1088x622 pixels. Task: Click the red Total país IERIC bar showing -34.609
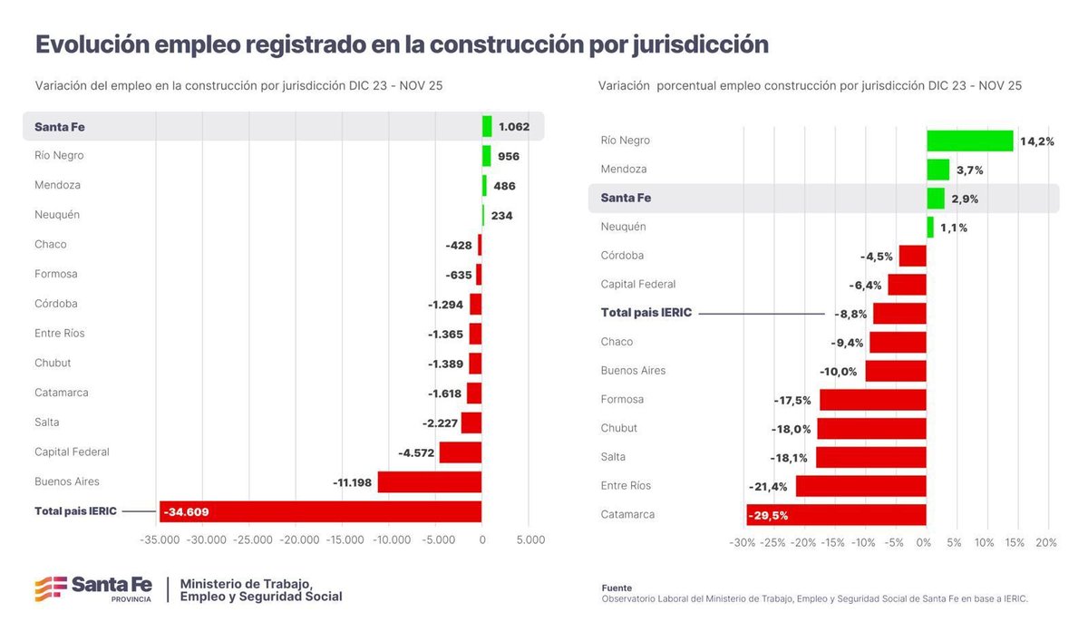tap(320, 511)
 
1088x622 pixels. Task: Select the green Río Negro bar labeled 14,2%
tap(969, 141)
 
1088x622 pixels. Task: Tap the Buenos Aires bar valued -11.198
tap(429, 481)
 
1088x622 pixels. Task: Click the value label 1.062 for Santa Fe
tap(513, 127)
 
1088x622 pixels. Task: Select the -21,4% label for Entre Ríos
tap(768, 486)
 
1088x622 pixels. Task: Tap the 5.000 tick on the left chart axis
tap(530, 539)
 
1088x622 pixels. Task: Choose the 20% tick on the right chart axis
tap(1045, 543)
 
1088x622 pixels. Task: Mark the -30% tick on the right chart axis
tap(742, 543)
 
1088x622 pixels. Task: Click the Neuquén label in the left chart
tap(57, 215)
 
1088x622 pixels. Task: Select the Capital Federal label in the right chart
tap(638, 284)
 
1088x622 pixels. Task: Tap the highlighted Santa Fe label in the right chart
tap(626, 198)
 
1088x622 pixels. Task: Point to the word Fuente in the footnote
tap(617, 588)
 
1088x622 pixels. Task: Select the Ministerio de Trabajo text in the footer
tap(246, 583)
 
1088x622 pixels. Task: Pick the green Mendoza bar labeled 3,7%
tap(937, 170)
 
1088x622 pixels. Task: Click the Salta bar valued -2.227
tap(471, 423)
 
